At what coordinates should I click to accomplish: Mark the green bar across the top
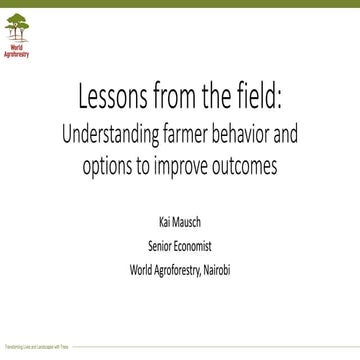click(x=180, y=4)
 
